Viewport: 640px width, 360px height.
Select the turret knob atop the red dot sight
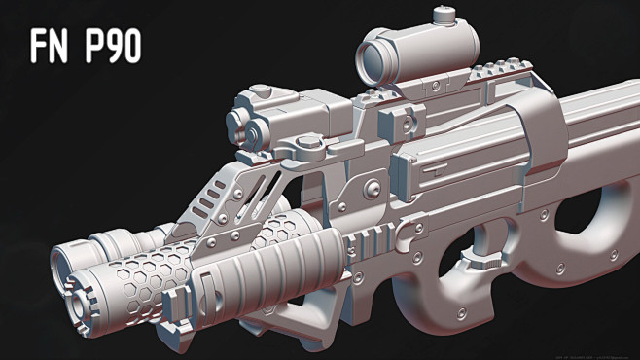[445, 15]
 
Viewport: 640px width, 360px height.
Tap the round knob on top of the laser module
[260, 93]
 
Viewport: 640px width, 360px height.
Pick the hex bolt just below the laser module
[308, 148]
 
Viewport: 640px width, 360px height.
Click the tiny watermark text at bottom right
[544, 355]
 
